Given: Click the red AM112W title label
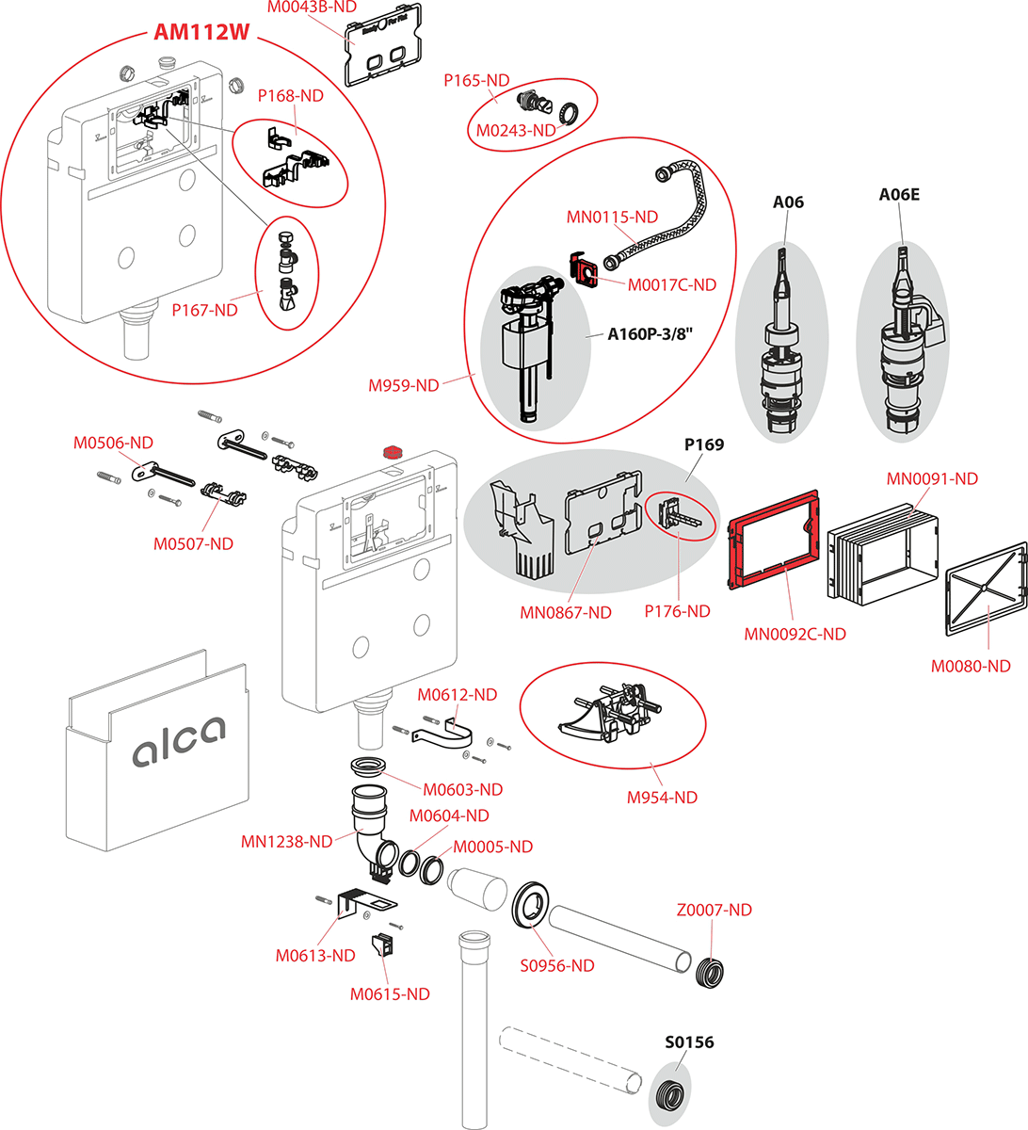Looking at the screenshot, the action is point(201,31).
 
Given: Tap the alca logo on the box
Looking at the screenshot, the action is point(179,741).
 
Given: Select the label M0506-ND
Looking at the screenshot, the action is point(113,443).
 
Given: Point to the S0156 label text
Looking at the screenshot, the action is point(689,1042).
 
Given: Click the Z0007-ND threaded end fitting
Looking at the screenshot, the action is point(710,973).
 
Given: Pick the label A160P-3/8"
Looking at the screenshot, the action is point(651,334).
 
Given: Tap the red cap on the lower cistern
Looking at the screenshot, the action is point(392,452).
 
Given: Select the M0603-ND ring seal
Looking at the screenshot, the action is point(368,767).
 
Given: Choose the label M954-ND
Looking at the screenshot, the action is point(662,797).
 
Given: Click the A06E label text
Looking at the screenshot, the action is point(899,195).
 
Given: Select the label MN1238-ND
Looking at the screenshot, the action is point(287,842).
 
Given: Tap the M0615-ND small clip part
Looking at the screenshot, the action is point(382,944).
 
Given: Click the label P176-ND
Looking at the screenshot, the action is point(677,611).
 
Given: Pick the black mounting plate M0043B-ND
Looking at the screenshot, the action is point(383,45).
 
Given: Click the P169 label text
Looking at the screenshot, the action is point(704,444).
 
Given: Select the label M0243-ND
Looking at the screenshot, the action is point(516,131).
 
